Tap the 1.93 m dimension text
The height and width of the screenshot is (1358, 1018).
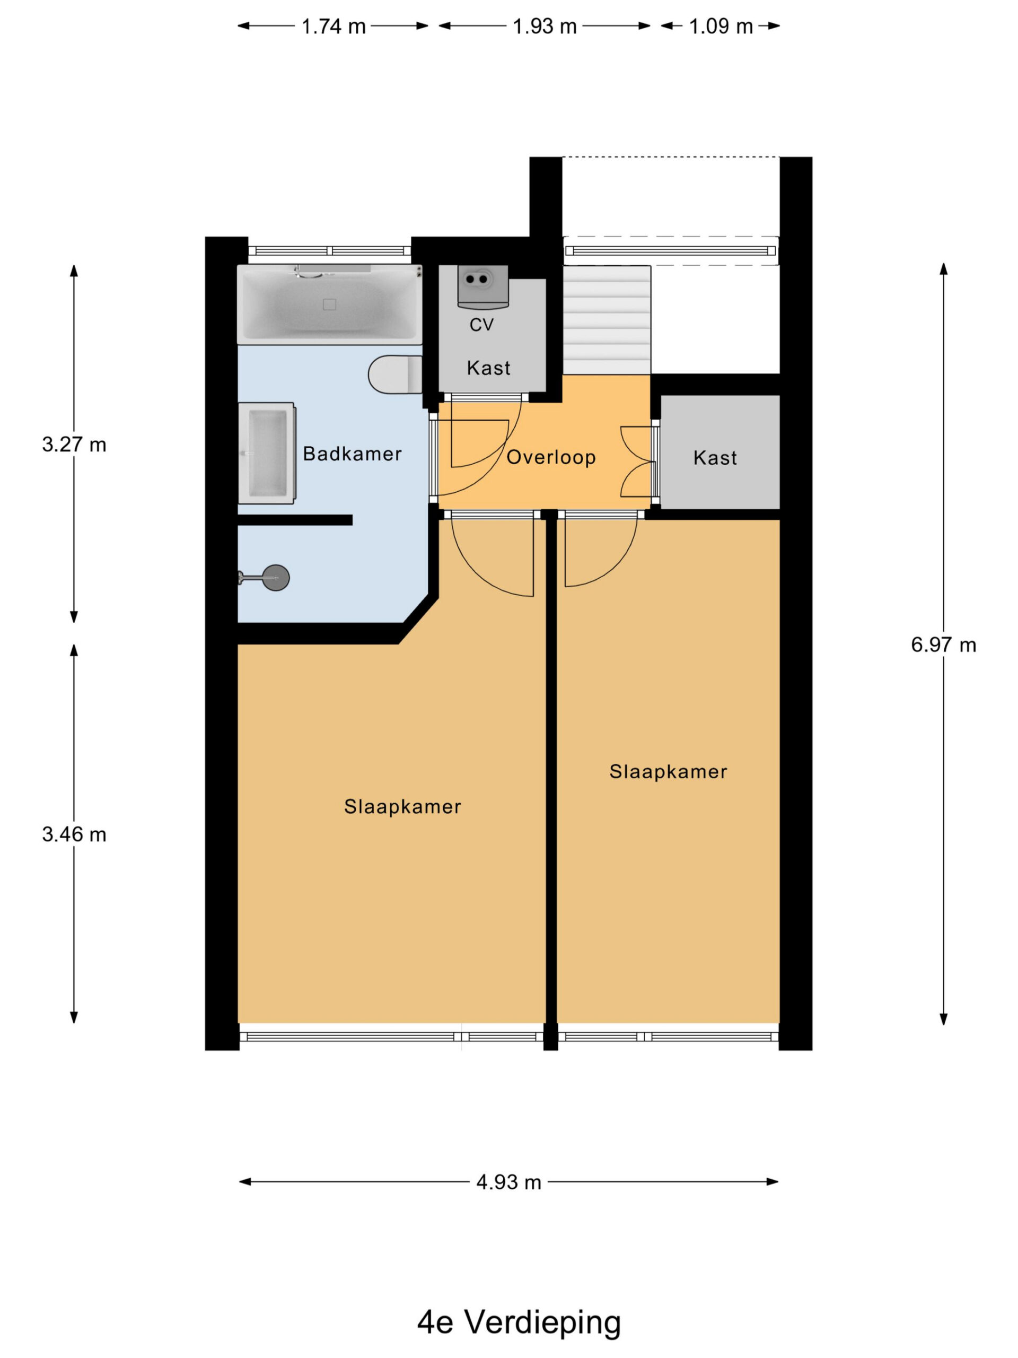pyautogui.click(x=545, y=27)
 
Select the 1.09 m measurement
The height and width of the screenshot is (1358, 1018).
pyautogui.click(x=721, y=27)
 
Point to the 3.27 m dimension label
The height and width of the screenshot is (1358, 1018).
pyautogui.click(x=74, y=445)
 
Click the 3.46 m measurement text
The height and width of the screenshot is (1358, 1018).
pyautogui.click(x=74, y=834)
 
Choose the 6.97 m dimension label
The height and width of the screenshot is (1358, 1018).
pyautogui.click(x=943, y=645)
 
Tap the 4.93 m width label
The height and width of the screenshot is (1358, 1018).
pyautogui.click(x=508, y=1182)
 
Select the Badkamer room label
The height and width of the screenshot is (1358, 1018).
pyautogui.click(x=352, y=454)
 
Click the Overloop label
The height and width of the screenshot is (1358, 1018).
pyautogui.click(x=551, y=457)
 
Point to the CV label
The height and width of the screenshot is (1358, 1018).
pyautogui.click(x=481, y=325)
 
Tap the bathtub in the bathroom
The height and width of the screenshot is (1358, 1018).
pyautogui.click(x=329, y=304)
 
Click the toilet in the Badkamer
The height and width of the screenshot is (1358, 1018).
pyautogui.click(x=395, y=374)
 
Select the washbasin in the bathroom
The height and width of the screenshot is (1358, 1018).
pyautogui.click(x=266, y=453)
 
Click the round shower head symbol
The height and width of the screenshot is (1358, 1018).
pyautogui.click(x=276, y=578)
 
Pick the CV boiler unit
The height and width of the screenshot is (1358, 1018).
pyautogui.click(x=483, y=286)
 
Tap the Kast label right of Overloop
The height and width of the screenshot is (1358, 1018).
pyautogui.click(x=715, y=458)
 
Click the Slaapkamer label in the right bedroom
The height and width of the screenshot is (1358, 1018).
pyautogui.click(x=668, y=772)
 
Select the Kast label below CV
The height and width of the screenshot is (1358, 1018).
pyautogui.click(x=488, y=368)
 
